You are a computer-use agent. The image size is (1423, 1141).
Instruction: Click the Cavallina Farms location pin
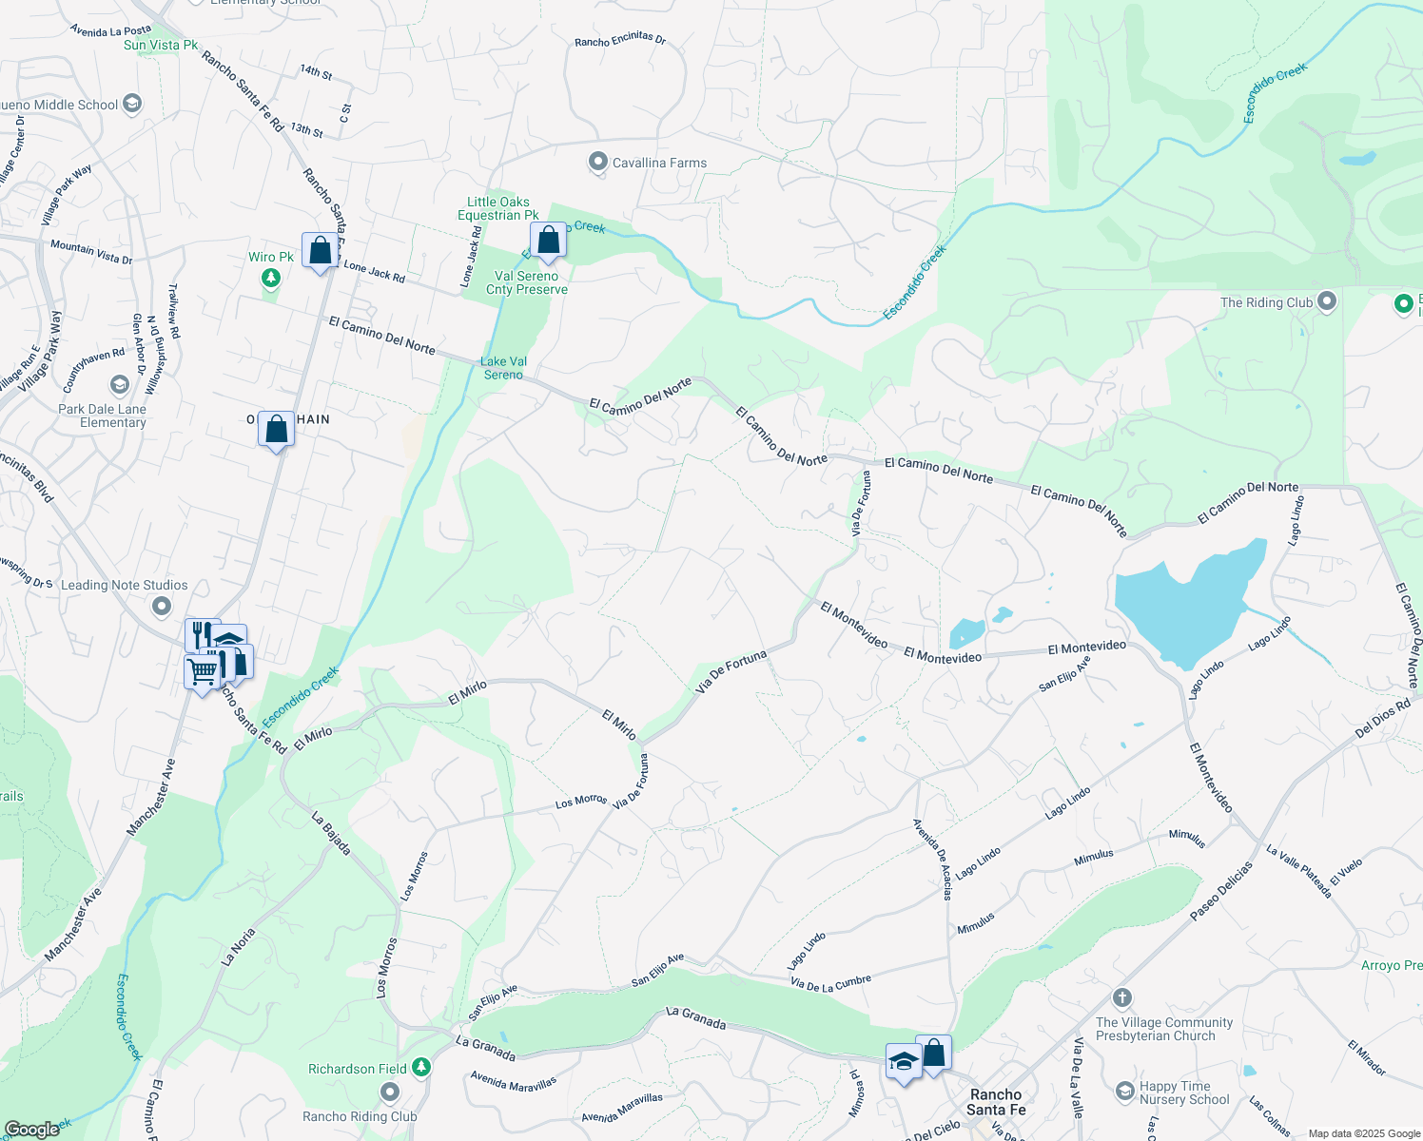point(597,163)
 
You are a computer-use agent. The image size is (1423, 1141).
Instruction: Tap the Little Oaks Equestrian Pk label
point(498,208)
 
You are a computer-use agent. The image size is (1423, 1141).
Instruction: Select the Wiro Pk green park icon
point(271,278)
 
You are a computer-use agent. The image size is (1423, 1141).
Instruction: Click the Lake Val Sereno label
point(503,368)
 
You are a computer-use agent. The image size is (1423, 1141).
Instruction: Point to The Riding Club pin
point(1327,302)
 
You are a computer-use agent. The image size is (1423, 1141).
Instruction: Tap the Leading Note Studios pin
point(162,606)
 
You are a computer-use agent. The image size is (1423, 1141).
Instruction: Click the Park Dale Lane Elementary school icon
point(120,384)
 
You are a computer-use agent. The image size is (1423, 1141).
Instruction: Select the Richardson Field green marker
point(420,1068)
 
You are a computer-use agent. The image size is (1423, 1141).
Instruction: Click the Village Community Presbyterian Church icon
point(1122,997)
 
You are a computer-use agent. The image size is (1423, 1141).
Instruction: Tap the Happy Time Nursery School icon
point(1125,1090)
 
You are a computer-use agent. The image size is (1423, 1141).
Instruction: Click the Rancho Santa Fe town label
point(996,1102)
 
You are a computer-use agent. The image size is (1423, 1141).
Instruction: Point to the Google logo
point(31,1129)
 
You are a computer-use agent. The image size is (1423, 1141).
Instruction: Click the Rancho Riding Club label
point(360,1116)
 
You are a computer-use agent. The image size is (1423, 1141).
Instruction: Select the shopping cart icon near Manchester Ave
point(202,672)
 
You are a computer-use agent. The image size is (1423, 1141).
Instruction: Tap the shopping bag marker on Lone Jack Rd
point(321,251)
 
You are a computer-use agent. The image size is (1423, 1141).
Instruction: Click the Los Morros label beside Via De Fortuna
point(581,802)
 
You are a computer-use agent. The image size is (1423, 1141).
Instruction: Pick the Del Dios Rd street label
point(1382,720)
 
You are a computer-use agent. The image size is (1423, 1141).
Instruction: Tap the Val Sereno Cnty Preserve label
point(526,282)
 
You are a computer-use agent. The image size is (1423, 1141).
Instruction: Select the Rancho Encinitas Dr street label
point(620,39)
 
